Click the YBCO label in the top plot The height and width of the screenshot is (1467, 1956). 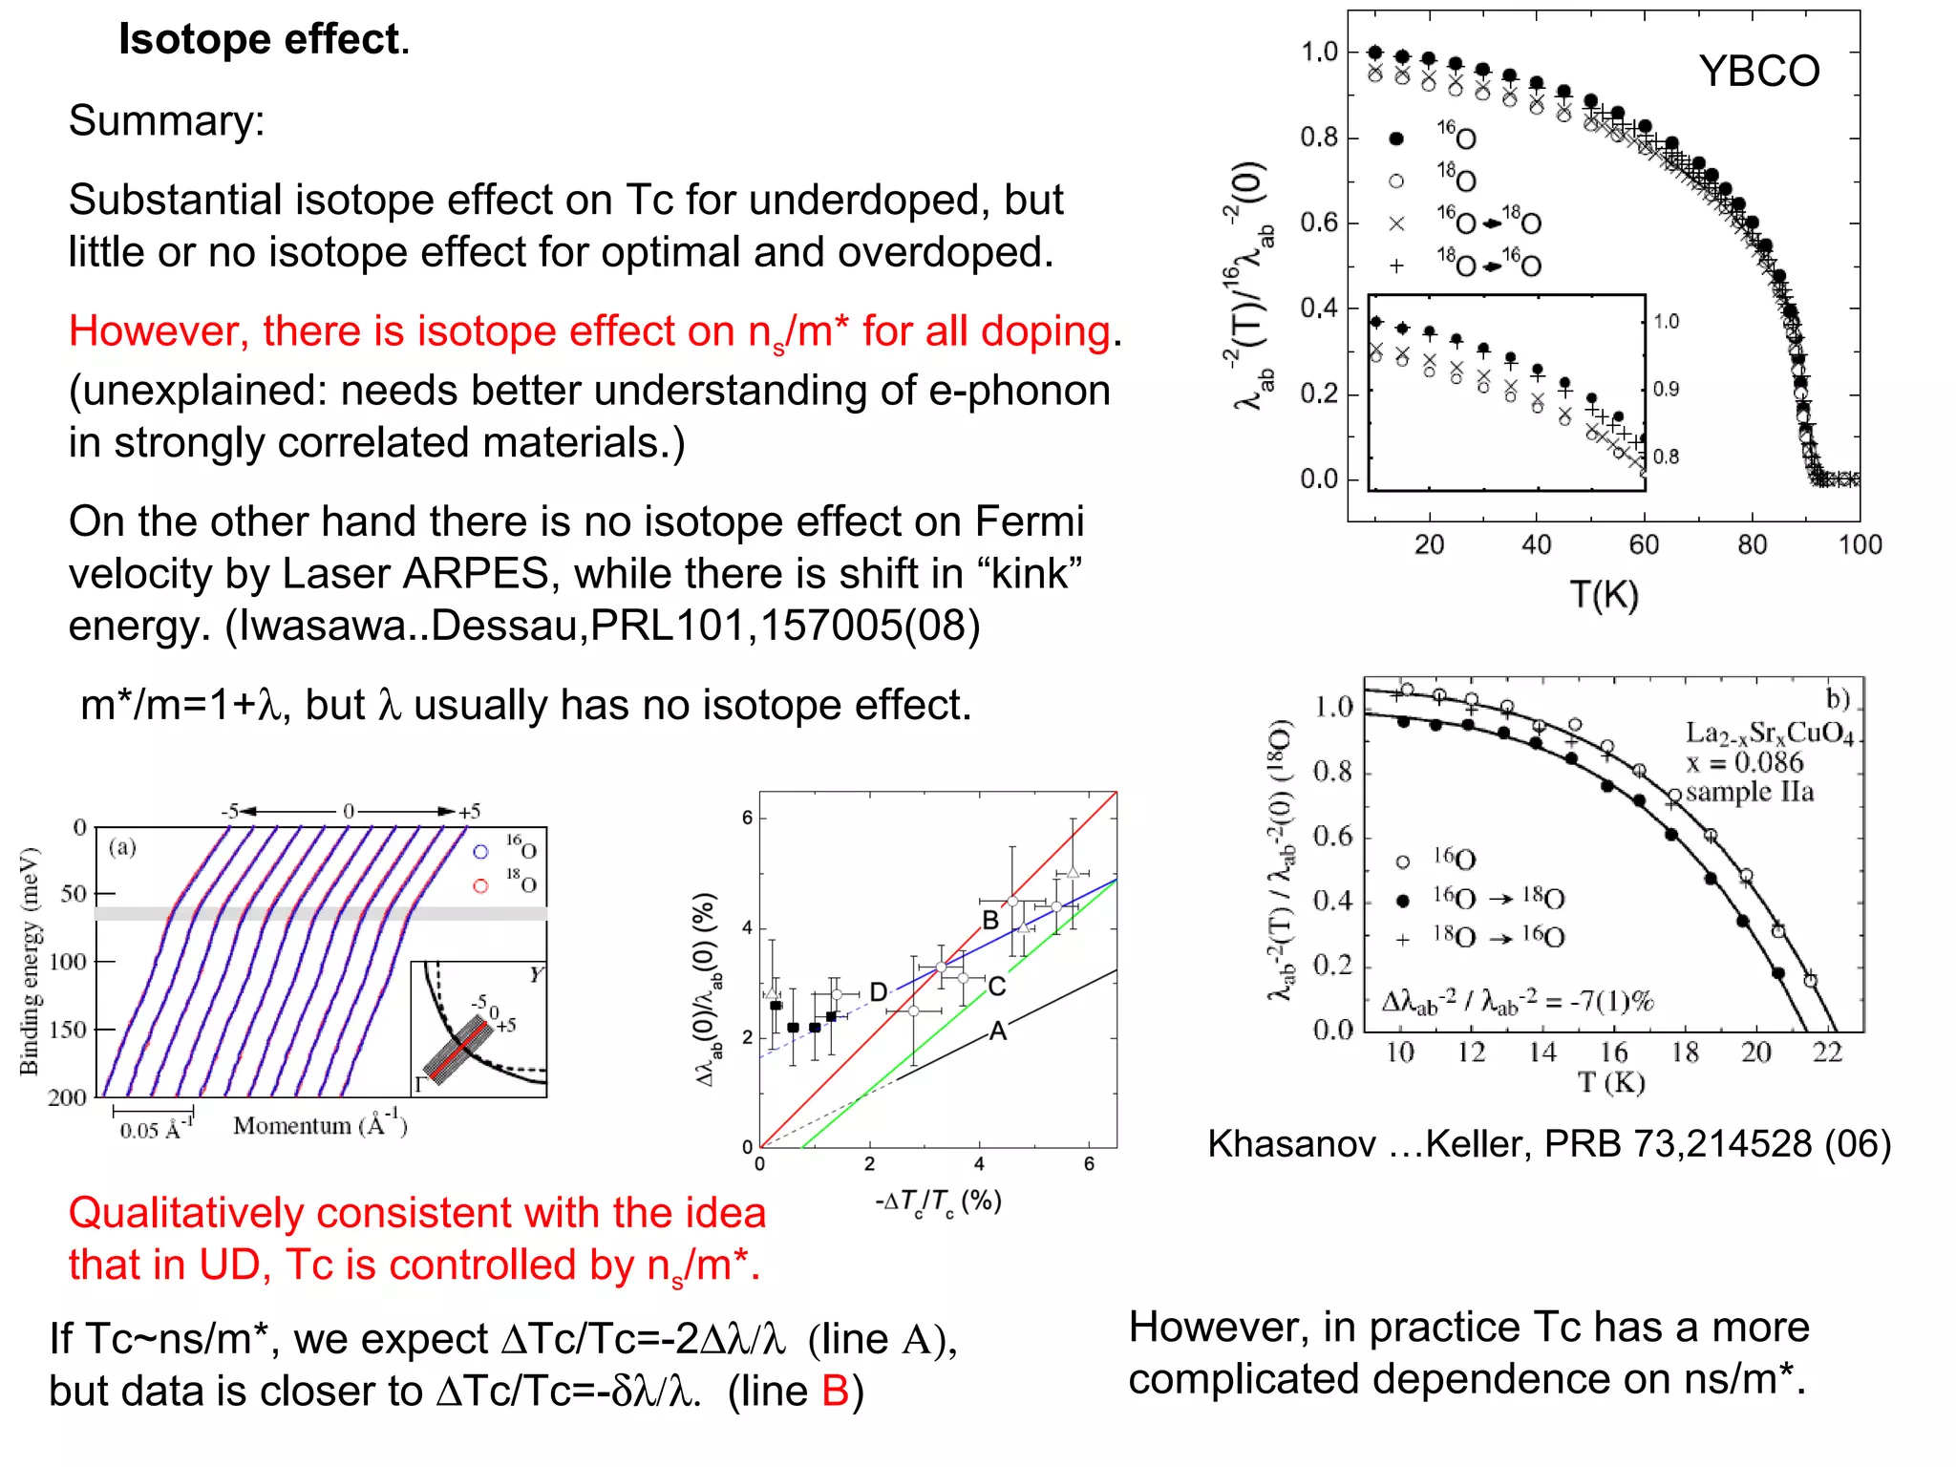point(1758,72)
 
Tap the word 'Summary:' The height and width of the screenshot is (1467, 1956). point(166,121)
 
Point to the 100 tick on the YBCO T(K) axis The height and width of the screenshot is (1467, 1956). point(1859,545)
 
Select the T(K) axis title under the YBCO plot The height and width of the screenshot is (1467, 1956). point(1605,595)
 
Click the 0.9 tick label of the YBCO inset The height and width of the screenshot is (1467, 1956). point(1666,390)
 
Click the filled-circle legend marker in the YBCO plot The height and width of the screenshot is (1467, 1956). point(1396,139)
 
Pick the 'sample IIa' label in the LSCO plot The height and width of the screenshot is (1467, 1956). point(1749,793)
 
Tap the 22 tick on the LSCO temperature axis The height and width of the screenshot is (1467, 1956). point(1826,1052)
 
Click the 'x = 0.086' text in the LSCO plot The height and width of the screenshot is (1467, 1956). point(1744,763)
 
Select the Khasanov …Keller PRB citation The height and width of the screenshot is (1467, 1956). point(1548,1144)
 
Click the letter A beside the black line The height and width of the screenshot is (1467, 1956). point(998,1031)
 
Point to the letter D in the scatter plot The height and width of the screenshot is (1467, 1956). point(879,992)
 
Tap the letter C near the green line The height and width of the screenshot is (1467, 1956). point(996,987)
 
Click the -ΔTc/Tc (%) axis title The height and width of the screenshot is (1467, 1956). point(938,1202)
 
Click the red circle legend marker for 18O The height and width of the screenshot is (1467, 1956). point(480,886)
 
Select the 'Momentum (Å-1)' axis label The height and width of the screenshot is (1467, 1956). point(320,1126)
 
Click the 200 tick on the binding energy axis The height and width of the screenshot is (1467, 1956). point(67,1097)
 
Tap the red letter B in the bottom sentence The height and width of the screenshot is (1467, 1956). point(835,1392)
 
